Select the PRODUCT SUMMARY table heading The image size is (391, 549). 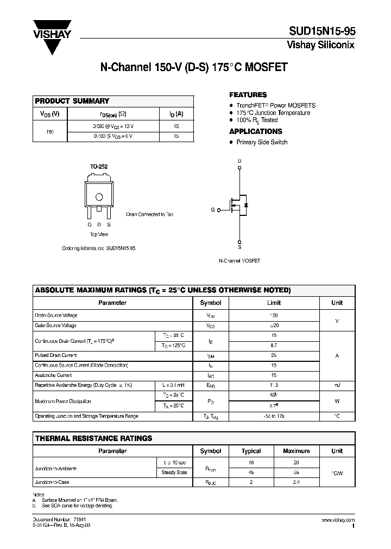point(72,101)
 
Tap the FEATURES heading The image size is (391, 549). point(248,94)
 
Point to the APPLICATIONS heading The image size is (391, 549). point(255,131)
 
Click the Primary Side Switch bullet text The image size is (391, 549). point(262,142)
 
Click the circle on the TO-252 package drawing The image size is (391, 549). point(99,197)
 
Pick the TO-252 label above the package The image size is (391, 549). point(99,167)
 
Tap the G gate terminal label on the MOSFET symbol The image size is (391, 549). point(213,209)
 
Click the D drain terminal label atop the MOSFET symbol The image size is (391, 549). point(239,161)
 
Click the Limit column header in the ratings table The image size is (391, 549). point(274,303)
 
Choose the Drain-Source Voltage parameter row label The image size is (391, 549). point(56,315)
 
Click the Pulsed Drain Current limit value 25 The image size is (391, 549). point(274,355)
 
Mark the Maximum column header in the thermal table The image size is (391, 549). point(296,451)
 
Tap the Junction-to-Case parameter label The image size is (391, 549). point(52,482)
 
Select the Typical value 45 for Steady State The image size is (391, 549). point(251,472)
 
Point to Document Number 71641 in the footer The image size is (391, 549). point(56,520)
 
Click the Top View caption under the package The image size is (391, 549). point(99,234)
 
